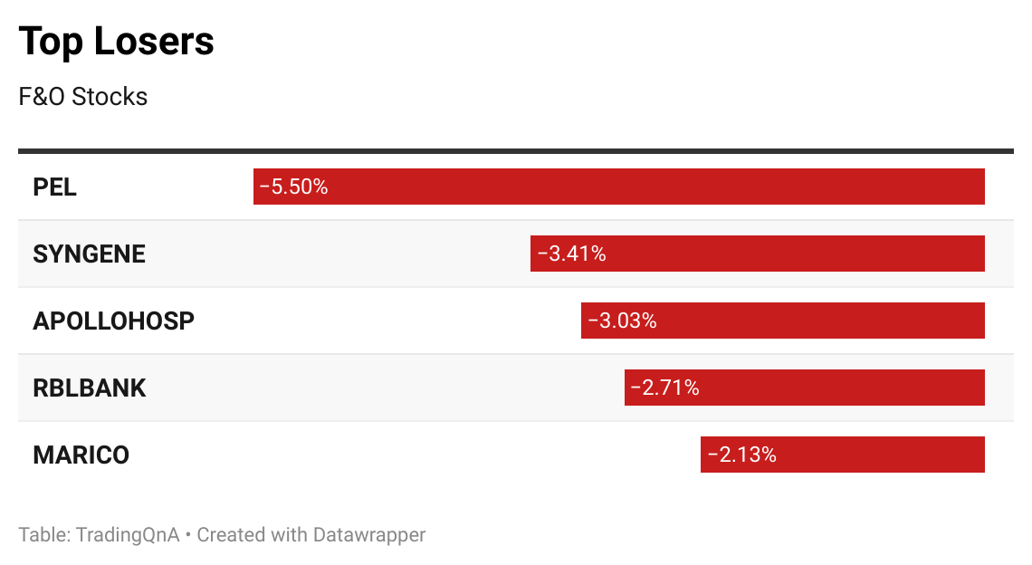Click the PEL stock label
54,187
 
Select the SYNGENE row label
89,254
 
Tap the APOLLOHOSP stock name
113,321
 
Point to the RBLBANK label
89,388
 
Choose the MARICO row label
81,455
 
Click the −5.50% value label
293,187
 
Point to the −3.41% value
571,254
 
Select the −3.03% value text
622,321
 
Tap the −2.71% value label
664,388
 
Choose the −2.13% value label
741,455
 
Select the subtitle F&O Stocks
82,97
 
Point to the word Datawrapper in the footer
368,534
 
